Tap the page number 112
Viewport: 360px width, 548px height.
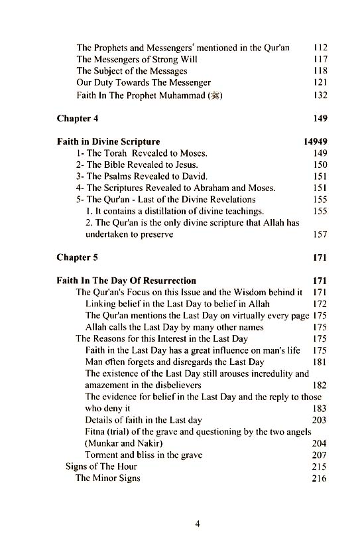coord(320,48)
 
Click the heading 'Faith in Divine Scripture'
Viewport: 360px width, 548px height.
coord(108,142)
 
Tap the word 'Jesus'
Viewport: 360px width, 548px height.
coord(184,165)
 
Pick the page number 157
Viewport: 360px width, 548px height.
coord(320,234)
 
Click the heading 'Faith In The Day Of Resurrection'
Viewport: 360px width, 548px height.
coord(126,281)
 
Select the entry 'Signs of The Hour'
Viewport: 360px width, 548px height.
coord(101,466)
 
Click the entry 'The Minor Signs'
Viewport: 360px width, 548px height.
coord(108,478)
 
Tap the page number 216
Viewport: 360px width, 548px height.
coord(320,478)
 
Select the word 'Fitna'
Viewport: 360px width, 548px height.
coord(97,432)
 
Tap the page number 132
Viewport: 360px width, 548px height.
coord(320,96)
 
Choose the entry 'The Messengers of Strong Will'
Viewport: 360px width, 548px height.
coord(137,60)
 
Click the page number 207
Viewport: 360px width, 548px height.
coord(320,455)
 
